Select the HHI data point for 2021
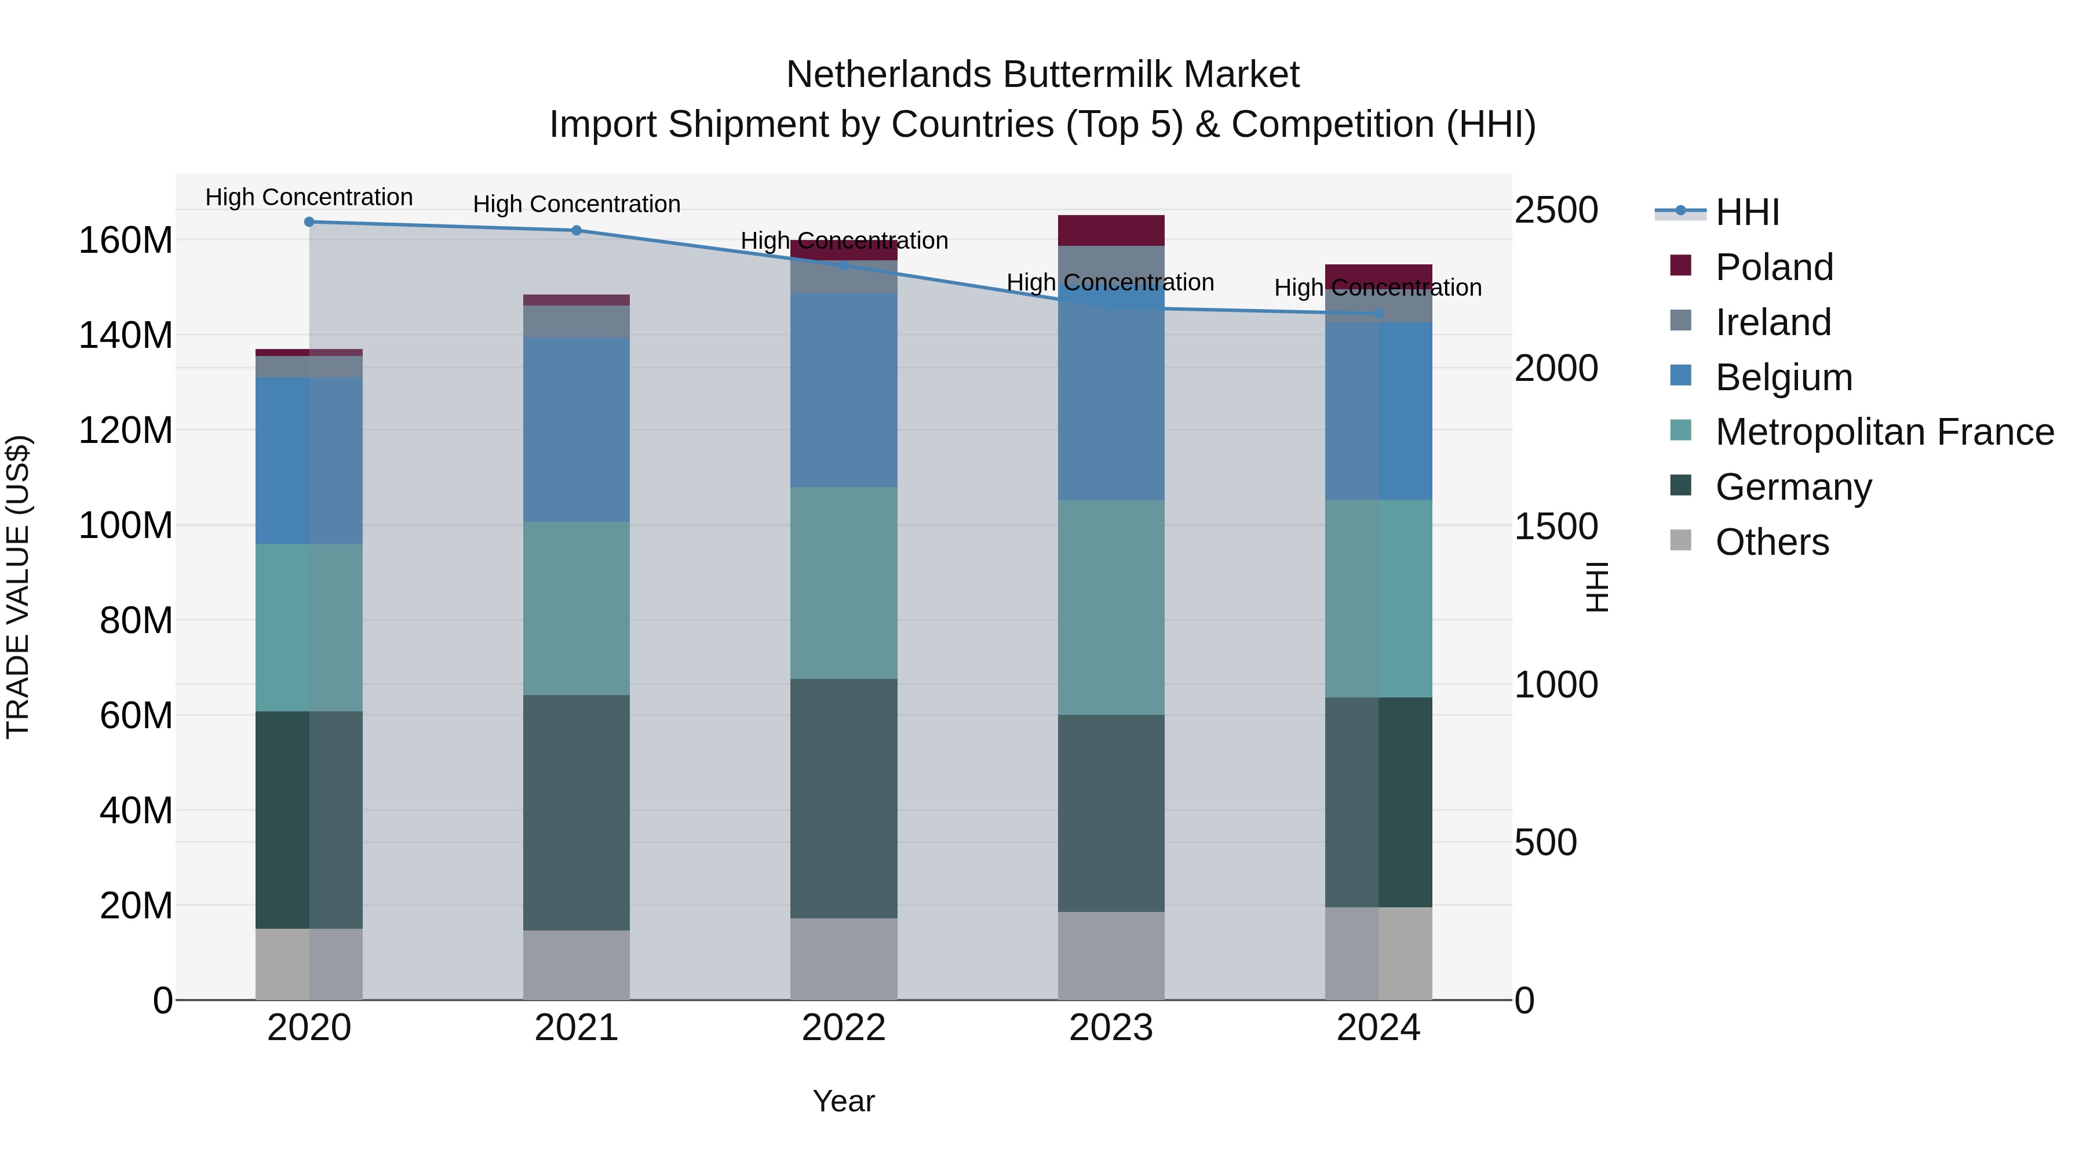coord(577,230)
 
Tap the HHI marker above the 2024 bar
coord(1378,314)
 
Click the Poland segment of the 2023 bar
coord(1111,230)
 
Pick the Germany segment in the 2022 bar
coord(844,798)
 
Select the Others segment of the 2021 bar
coord(577,964)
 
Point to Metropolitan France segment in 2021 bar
coord(577,608)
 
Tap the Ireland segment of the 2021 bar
coord(577,321)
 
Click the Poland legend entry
coord(1774,267)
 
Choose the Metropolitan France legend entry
coord(1884,432)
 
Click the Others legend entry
coord(1772,542)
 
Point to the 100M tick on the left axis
coord(126,525)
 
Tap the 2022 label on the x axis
coord(844,1028)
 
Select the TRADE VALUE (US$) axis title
coord(18,587)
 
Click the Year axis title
coord(843,1101)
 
